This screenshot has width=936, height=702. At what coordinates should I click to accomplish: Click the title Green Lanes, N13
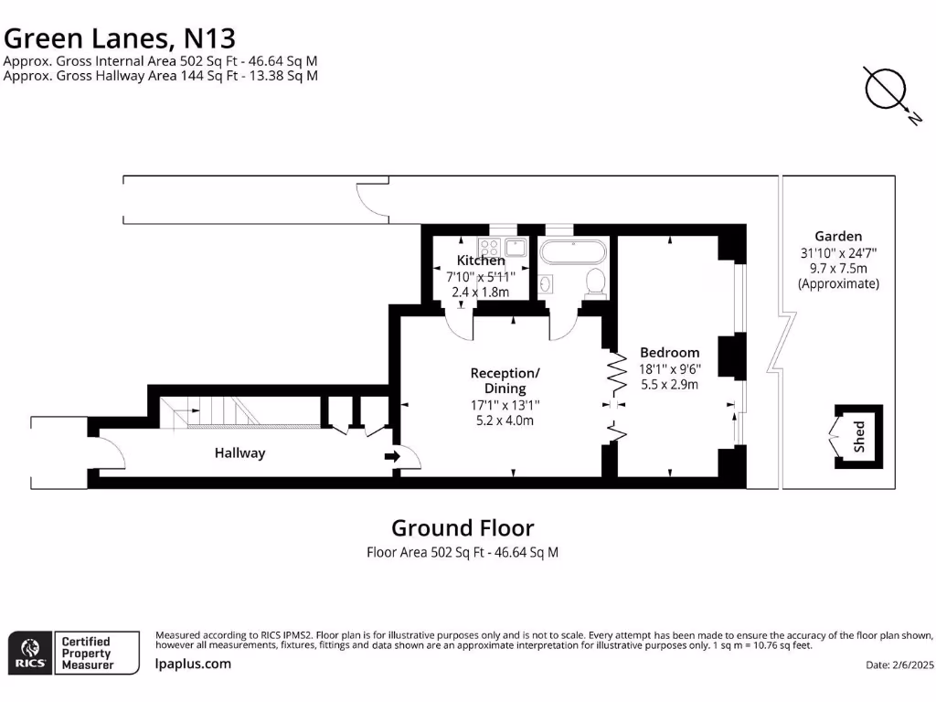coord(120,37)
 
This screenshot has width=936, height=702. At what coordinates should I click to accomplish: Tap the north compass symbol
coord(886,90)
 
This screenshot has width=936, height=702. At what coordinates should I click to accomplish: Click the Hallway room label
coord(239,452)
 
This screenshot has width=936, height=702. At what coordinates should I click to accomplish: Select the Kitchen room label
coord(481,261)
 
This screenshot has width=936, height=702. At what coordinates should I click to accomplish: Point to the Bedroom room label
coord(669,352)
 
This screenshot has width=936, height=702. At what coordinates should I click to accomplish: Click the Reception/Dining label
coord(505,380)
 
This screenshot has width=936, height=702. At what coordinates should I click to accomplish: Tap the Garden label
coord(838,236)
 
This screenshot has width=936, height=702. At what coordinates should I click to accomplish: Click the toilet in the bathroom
coord(596,282)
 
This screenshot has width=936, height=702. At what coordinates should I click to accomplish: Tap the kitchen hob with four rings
coord(488,245)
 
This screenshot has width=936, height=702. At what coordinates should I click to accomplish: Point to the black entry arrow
coord(392,456)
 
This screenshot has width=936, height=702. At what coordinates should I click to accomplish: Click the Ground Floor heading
coord(463,527)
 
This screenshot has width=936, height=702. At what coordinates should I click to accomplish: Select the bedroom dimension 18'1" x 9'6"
coord(669,368)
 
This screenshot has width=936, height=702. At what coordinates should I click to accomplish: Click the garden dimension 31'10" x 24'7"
coord(838,253)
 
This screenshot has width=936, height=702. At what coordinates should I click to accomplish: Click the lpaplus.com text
coord(193,664)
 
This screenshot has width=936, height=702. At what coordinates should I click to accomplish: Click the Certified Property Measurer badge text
coord(86,654)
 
